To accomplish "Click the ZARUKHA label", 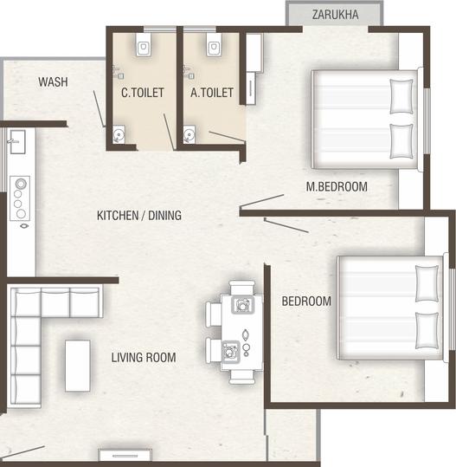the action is click(x=335, y=15).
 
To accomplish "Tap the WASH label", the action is click(x=54, y=82).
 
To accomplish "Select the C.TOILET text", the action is click(x=143, y=93).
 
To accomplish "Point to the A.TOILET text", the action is click(x=212, y=93).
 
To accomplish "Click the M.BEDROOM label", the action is click(x=337, y=187).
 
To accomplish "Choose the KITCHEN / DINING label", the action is click(x=139, y=216).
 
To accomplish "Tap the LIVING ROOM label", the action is click(x=144, y=357).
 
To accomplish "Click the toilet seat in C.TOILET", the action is click(x=144, y=44).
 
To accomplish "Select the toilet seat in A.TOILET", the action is click(x=214, y=44).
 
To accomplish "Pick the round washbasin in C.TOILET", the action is click(x=119, y=134).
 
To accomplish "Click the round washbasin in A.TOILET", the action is click(x=189, y=134).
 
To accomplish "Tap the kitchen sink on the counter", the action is click(x=18, y=142).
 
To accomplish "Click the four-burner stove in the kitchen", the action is click(x=20, y=198).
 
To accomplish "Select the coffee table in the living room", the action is click(x=78, y=366).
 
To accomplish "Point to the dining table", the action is click(x=241, y=332).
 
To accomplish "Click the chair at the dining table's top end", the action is click(x=242, y=287).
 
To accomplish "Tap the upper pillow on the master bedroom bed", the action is click(x=401, y=96).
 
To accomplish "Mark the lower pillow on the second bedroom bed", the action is click(x=427, y=331).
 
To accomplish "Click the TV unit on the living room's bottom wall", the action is click(x=125, y=456).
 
